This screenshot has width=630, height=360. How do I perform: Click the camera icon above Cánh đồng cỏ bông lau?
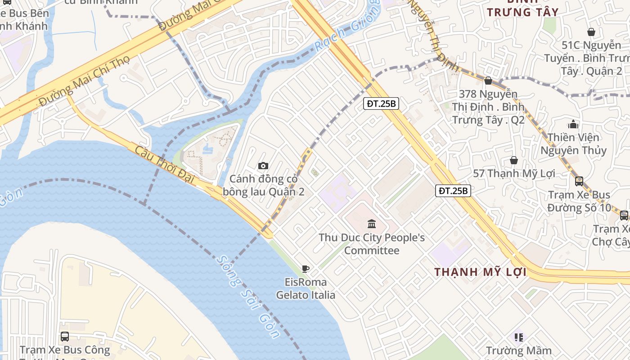click(263, 166)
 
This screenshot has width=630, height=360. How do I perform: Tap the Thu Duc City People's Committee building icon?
click(372, 224)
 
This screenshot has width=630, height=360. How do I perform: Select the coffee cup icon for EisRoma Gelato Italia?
click(306, 269)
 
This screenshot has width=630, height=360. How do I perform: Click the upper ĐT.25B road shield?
click(381, 104)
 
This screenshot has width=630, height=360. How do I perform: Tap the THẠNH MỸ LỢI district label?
click(480, 272)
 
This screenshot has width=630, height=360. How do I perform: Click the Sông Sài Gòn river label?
click(247, 297)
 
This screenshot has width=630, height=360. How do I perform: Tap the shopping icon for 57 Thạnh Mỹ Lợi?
click(513, 160)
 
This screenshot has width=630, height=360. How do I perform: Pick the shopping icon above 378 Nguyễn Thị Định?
click(488, 81)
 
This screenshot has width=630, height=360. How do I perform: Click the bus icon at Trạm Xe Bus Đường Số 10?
click(579, 181)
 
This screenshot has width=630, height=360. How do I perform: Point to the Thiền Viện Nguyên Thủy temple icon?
click(573, 124)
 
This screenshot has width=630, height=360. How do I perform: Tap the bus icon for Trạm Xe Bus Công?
click(65, 336)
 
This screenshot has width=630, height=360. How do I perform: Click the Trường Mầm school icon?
click(519, 337)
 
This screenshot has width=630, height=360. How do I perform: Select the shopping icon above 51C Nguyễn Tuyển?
click(591, 32)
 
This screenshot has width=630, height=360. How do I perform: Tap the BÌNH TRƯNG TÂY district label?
click(522, 12)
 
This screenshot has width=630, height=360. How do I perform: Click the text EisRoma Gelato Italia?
click(306, 288)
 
